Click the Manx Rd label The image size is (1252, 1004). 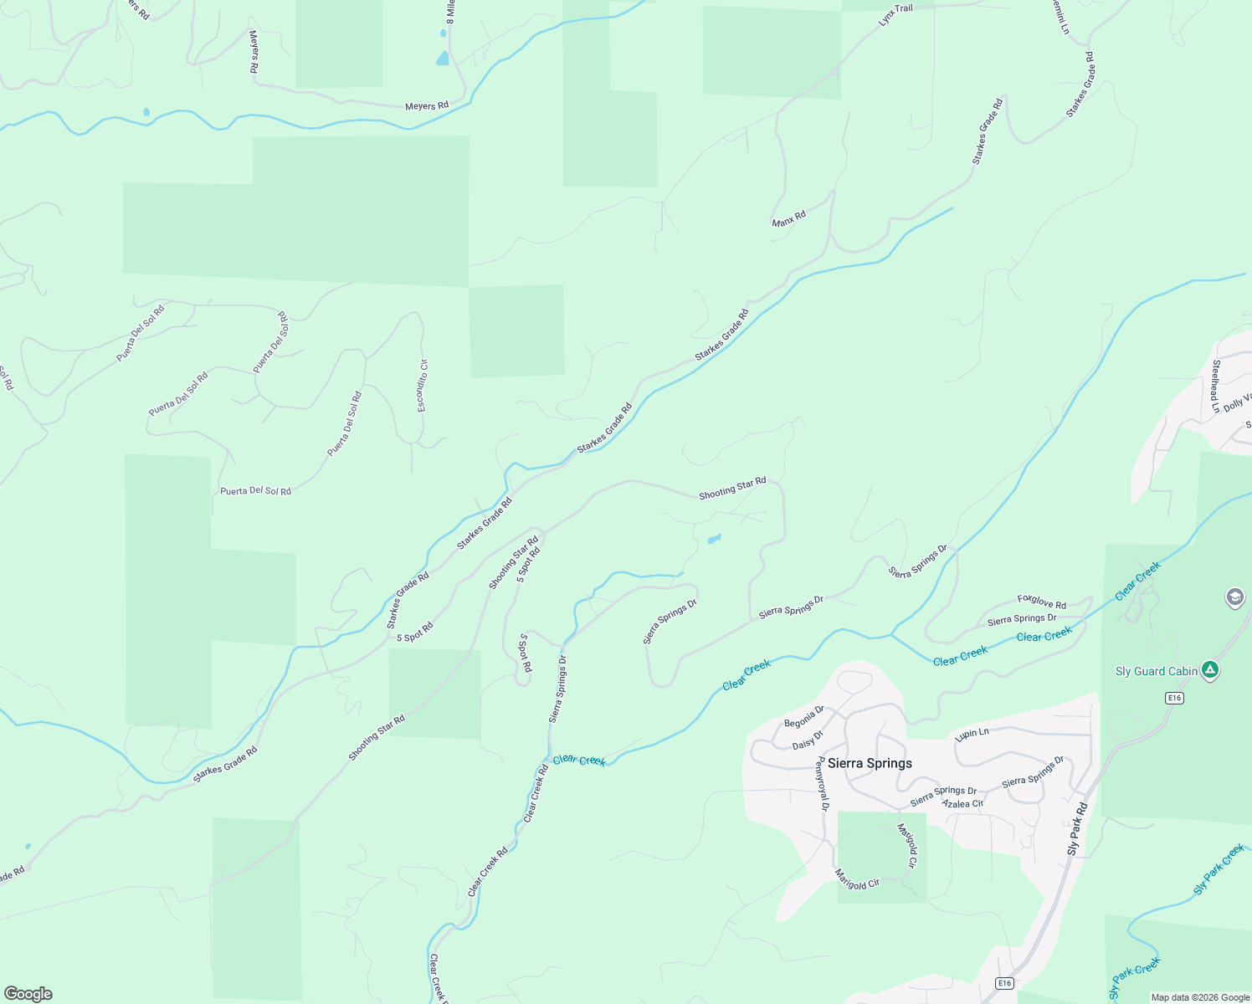pyautogui.click(x=788, y=218)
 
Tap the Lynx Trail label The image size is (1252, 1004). pyautogui.click(x=895, y=14)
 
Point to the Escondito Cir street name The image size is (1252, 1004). pyautogui.click(x=423, y=385)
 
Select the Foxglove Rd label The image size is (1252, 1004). pyautogui.click(x=1041, y=602)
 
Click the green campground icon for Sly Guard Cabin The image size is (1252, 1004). pyautogui.click(x=1209, y=670)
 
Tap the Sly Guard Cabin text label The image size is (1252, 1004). pyautogui.click(x=1157, y=671)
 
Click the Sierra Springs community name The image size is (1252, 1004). pyautogui.click(x=870, y=763)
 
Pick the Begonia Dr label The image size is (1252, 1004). pyautogui.click(x=804, y=717)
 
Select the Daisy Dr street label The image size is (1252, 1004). pyautogui.click(x=808, y=740)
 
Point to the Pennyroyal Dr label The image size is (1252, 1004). pyautogui.click(x=823, y=784)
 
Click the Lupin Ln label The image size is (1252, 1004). pyautogui.click(x=972, y=735)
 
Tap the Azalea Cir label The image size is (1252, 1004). pyautogui.click(x=962, y=804)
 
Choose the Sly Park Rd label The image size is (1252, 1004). pyautogui.click(x=1077, y=828)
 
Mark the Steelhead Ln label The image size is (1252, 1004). pyautogui.click(x=1215, y=387)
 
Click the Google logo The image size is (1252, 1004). pyautogui.click(x=28, y=994)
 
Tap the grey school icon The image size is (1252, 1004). pyautogui.click(x=1234, y=598)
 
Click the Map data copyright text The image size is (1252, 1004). pyautogui.click(x=1200, y=997)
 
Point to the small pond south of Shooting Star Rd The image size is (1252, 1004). pyautogui.click(x=714, y=539)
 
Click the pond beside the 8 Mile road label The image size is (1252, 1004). pyautogui.click(x=442, y=59)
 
